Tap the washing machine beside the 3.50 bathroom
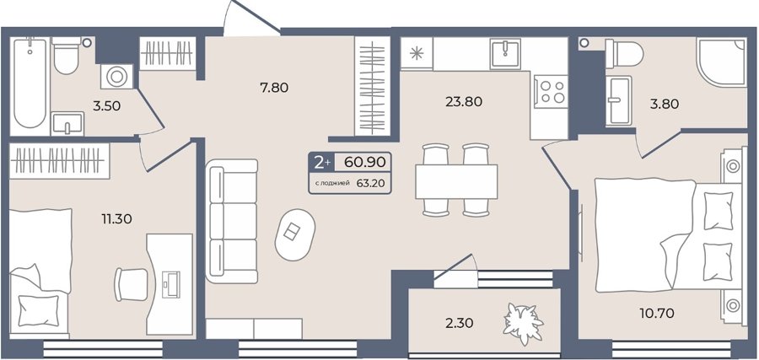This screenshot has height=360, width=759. pyautogui.click(x=116, y=77)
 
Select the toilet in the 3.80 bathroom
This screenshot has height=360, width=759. pyautogui.click(x=624, y=54)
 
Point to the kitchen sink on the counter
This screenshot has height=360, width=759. pyautogui.click(x=505, y=54)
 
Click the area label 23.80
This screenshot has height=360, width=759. pyautogui.click(x=464, y=102)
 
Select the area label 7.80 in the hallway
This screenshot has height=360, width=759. pyautogui.click(x=274, y=88)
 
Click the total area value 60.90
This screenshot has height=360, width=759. pyautogui.click(x=365, y=162)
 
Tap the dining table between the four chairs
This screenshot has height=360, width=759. pyautogui.click(x=456, y=181)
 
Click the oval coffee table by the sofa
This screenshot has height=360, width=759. pyautogui.click(x=295, y=234)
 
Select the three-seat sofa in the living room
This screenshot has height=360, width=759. pyautogui.click(x=231, y=221)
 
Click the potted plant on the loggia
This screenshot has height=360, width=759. pyautogui.click(x=523, y=323)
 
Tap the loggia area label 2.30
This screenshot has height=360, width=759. pyautogui.click(x=460, y=322)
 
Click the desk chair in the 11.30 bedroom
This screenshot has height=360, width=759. pyautogui.click(x=131, y=284)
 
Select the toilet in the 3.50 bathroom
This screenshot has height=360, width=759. pyautogui.click(x=67, y=55)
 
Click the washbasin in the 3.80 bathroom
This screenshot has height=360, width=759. pyautogui.click(x=619, y=100)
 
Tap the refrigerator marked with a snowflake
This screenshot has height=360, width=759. pyautogui.click(x=417, y=53)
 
